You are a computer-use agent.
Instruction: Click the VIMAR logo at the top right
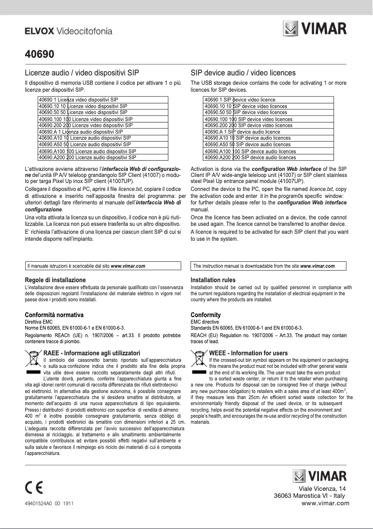tap(315, 28)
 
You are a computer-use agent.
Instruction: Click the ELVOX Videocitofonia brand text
tap(68, 32)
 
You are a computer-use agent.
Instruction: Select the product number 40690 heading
tap(40, 54)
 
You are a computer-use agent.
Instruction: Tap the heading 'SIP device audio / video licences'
tap(243, 73)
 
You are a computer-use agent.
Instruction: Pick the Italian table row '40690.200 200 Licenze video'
tap(86, 126)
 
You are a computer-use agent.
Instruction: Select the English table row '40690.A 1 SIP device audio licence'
tap(242, 132)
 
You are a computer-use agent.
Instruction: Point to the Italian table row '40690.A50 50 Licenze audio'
tap(84, 145)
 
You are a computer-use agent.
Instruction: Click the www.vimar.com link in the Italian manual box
tap(128, 266)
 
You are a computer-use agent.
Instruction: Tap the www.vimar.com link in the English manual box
tap(318, 266)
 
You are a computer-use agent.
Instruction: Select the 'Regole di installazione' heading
tap(55, 280)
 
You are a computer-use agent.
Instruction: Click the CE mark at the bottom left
tap(34, 488)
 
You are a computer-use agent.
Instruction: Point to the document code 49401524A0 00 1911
tap(49, 503)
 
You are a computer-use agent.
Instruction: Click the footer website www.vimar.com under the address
tap(325, 503)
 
